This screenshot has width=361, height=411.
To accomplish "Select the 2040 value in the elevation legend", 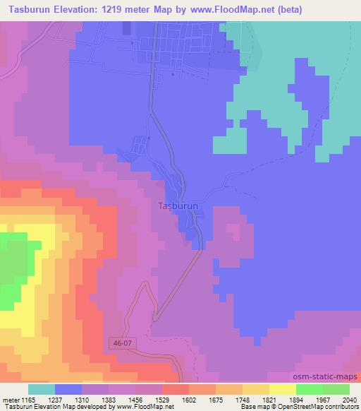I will (348, 399).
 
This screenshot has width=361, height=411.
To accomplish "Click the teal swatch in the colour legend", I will (42, 389).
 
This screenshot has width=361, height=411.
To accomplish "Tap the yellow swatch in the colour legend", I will (283, 389).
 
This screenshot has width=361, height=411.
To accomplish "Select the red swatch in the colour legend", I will (176, 389).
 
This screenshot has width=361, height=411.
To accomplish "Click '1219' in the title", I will (130, 9).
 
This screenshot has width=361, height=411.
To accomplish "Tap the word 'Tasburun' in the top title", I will (28, 9).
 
